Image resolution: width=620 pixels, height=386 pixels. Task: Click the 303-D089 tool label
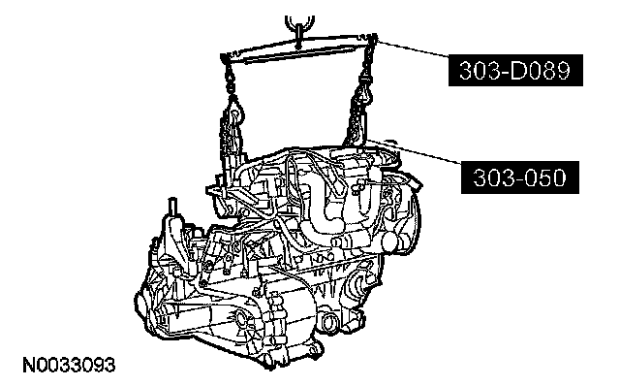[515, 70]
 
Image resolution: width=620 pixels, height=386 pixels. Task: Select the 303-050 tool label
[520, 177]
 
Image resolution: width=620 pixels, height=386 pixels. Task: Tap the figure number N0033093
[69, 365]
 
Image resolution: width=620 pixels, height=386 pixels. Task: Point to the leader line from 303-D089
[413, 48]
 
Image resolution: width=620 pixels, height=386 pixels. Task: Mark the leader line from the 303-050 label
[413, 151]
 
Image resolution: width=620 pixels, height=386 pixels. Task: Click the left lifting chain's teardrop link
[234, 112]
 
